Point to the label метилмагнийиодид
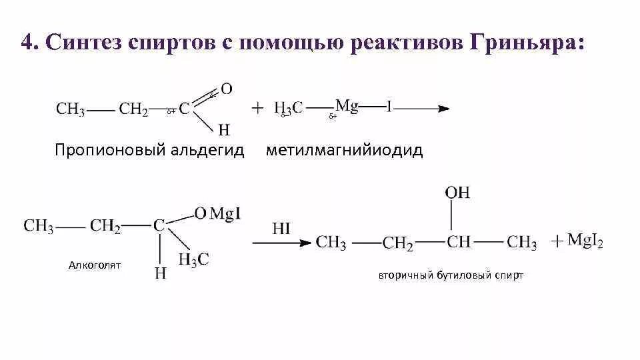tap(344, 150)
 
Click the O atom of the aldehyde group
tap(227, 89)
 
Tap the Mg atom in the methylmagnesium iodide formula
tap(347, 105)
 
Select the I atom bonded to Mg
tap(389, 107)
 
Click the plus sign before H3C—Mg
tap(257, 109)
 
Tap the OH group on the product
tap(458, 193)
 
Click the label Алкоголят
tap(94, 265)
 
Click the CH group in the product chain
tap(459, 242)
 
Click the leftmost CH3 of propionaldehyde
tap(70, 109)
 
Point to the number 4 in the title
tap(27, 45)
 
